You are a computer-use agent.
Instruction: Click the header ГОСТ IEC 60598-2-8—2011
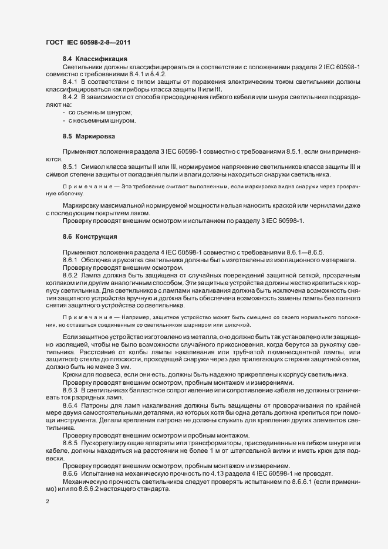point(88,42)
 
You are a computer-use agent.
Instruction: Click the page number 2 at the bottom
point(47,501)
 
